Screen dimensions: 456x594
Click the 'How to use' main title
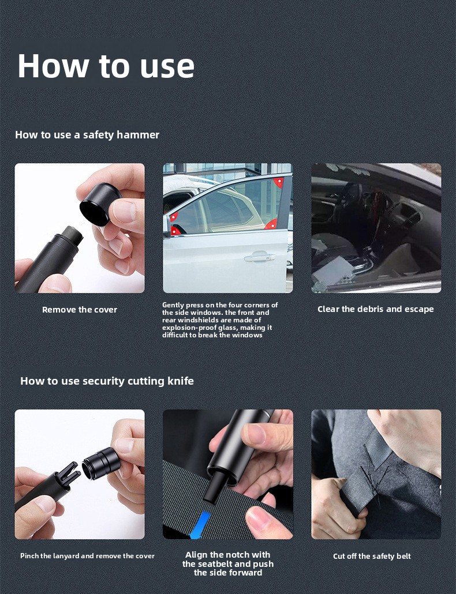coord(106,66)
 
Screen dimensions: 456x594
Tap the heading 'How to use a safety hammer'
coord(87,135)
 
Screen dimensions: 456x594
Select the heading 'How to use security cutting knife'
coord(107,381)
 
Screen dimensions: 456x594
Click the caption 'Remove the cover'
coord(80,310)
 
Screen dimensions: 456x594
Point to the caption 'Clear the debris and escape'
coord(376,309)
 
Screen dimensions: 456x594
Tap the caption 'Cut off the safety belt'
coord(372,556)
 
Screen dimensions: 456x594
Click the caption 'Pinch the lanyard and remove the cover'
coord(87,556)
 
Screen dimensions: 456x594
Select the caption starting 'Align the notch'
coord(228,563)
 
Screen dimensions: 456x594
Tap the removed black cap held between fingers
coord(99,204)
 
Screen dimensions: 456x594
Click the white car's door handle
coord(260,258)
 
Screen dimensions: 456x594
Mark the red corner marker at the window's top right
coord(279,182)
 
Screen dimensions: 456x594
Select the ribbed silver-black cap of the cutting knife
coord(101,463)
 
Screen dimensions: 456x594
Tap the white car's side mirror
coord(166,226)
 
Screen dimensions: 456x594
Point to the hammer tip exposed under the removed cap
coord(72,235)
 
